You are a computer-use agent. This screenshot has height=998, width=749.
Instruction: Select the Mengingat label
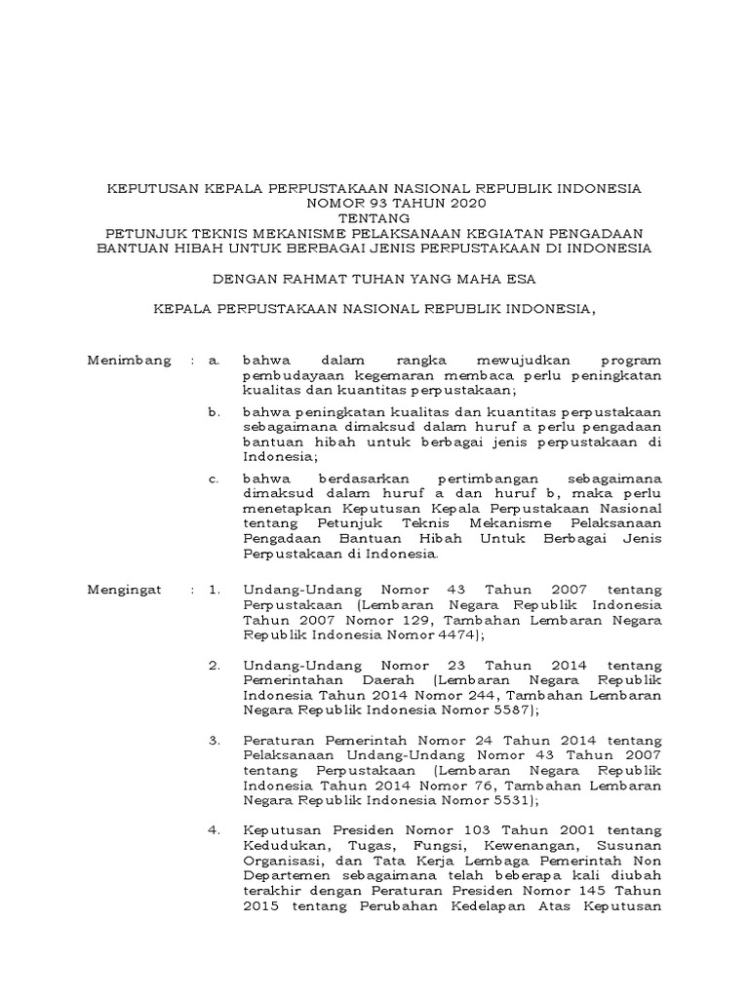click(x=127, y=590)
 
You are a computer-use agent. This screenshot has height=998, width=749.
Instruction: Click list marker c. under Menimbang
click(x=215, y=479)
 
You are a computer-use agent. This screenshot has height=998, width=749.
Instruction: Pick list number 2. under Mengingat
click(x=215, y=664)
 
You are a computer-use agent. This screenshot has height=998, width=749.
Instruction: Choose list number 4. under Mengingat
click(x=215, y=829)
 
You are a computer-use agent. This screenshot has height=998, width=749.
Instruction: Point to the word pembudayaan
click(x=289, y=375)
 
